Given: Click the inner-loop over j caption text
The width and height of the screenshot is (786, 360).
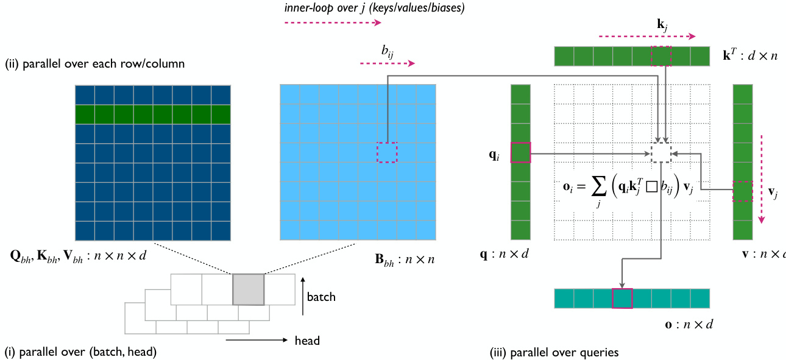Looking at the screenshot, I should [374, 8].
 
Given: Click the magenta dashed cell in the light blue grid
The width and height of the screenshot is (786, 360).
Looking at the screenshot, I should [387, 152].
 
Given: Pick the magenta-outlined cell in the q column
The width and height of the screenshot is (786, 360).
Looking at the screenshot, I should [520, 152].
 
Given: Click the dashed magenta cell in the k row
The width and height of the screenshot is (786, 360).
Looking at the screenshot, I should [661, 56].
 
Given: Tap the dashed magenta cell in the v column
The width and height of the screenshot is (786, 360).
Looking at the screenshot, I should [743, 191].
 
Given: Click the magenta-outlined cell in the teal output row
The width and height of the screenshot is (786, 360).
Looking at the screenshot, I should [622, 298].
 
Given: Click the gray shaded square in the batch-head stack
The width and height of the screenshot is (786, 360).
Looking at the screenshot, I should [249, 289].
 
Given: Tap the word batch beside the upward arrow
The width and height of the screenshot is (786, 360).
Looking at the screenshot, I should [321, 297].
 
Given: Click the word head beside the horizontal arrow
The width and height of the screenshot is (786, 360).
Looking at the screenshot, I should [307, 341].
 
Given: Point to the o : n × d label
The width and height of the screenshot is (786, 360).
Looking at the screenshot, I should [689, 323].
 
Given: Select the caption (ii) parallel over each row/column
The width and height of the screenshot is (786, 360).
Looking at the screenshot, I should [94, 63].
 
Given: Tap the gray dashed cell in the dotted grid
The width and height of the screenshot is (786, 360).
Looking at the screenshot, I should [661, 153].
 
